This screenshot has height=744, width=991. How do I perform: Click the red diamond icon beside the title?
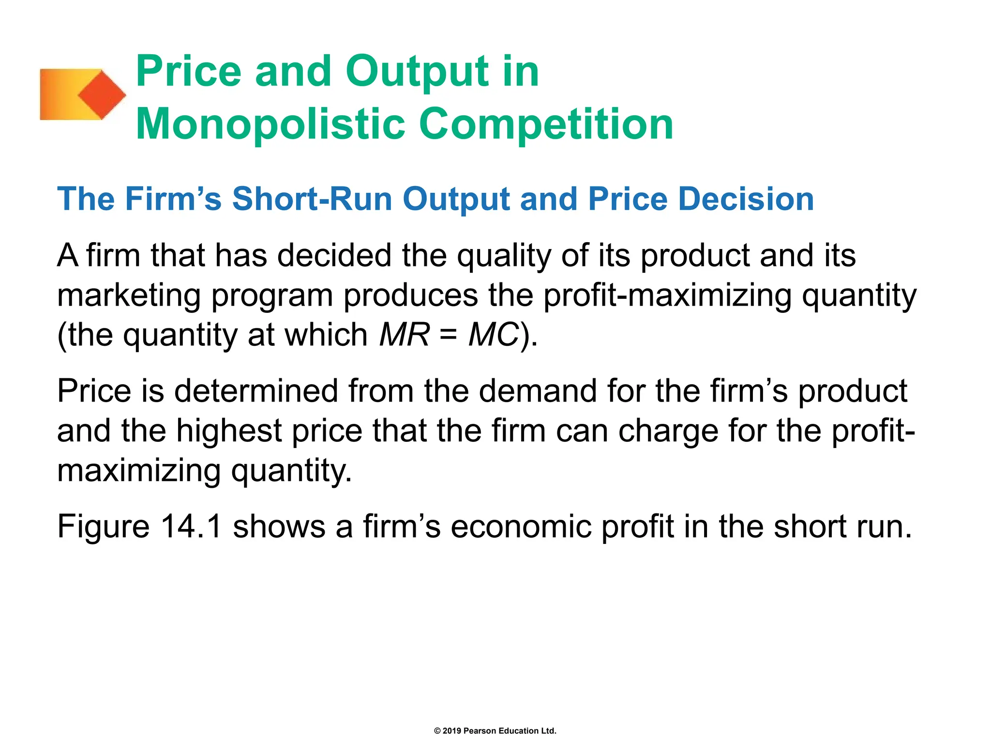point(102,94)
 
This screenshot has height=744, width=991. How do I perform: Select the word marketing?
point(129,296)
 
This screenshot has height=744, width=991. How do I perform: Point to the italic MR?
point(404,335)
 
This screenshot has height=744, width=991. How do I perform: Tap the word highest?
point(229,431)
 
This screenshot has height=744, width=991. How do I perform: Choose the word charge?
point(668,431)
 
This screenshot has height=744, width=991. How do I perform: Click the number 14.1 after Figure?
point(191,527)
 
